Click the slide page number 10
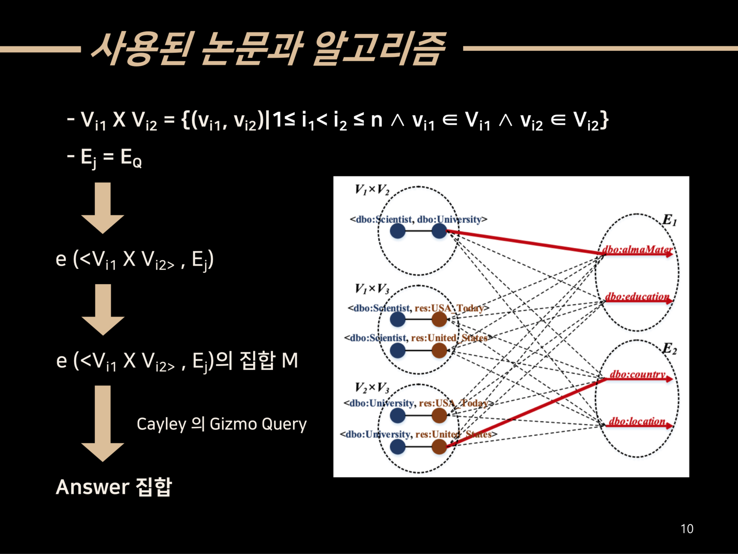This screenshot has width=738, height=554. click(687, 528)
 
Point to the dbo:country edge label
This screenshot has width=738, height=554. click(637, 374)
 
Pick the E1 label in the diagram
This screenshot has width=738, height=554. click(669, 220)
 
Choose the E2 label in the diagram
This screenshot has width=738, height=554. click(669, 349)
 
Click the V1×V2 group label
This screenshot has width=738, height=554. click(372, 190)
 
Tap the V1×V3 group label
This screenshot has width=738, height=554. click(372, 289)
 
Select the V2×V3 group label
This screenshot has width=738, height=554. click(372, 388)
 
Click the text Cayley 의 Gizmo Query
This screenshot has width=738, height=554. click(221, 424)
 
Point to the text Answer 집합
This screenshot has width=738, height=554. click(114, 487)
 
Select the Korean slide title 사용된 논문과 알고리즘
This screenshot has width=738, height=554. click(268, 49)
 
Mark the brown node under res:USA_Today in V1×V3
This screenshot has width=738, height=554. click(439, 320)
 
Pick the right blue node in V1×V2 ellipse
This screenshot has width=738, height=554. click(439, 231)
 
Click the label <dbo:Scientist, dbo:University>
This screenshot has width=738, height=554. click(418, 220)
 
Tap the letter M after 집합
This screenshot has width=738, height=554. click(290, 361)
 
